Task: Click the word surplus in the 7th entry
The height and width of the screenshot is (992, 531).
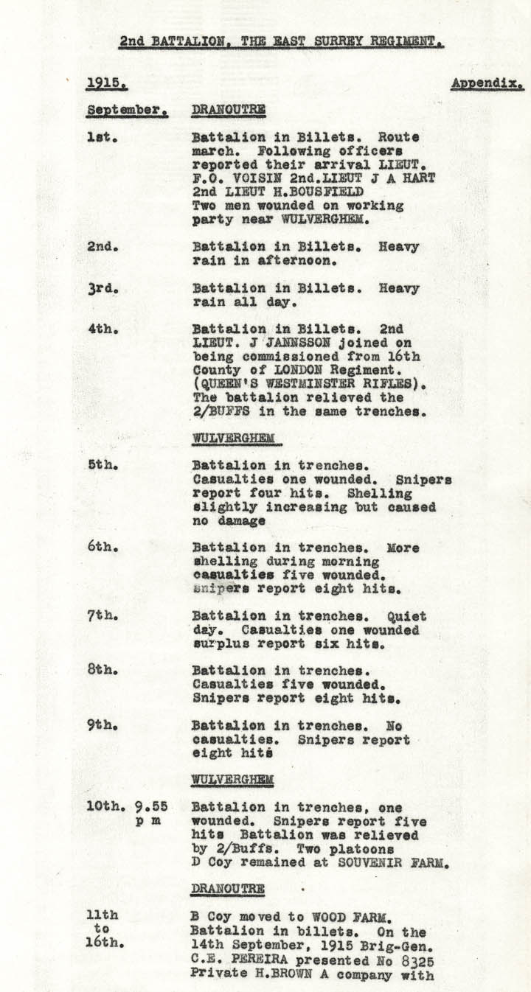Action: point(218,643)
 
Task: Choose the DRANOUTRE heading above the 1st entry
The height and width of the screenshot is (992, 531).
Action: point(228,111)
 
